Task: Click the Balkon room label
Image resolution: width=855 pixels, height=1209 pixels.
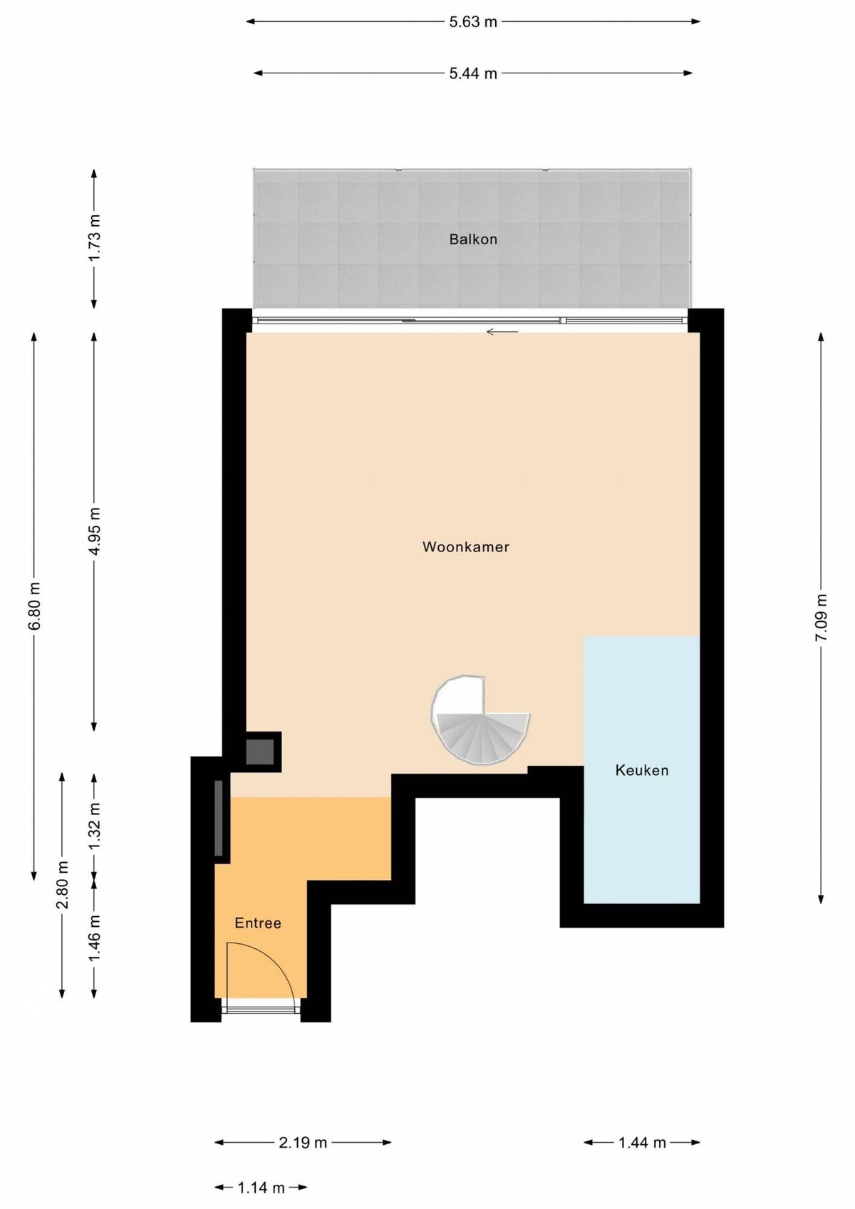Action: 473,239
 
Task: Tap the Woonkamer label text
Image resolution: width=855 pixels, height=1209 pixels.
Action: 466,547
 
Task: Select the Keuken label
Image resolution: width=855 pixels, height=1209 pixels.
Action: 642,770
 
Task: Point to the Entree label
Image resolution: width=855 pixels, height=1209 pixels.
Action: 258,923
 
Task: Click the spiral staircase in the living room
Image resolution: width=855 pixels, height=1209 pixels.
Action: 480,720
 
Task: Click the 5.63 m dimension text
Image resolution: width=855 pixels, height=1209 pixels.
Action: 473,22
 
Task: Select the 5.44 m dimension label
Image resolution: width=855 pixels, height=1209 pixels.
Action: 473,73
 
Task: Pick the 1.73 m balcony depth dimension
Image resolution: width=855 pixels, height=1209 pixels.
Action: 95,238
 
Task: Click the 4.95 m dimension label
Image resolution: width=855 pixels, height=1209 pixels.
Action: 95,531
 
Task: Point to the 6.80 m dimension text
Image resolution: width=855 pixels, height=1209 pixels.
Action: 34,606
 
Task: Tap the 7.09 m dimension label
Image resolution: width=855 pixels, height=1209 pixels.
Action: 821,618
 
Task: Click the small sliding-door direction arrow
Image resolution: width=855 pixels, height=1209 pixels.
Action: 502,332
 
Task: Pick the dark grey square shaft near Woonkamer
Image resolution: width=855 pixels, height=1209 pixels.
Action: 259,752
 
